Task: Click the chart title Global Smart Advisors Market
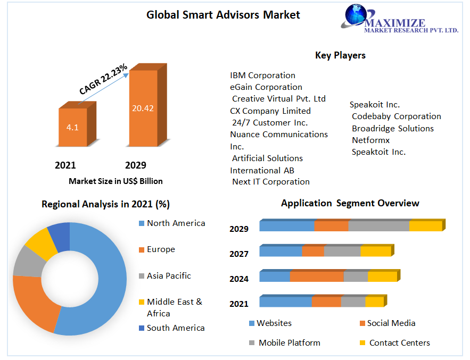(x=223, y=15)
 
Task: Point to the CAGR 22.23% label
(x=103, y=79)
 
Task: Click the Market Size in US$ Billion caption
(x=116, y=181)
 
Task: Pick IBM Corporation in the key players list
(x=262, y=76)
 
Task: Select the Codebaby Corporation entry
(x=396, y=116)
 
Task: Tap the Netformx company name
(x=370, y=140)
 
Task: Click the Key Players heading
(x=340, y=55)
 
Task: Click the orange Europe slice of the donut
(x=32, y=303)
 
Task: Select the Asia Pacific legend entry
(x=168, y=276)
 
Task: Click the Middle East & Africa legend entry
(x=174, y=307)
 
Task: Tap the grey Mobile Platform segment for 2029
(x=378, y=226)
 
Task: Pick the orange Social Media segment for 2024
(x=317, y=277)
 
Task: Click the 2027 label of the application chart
(x=239, y=254)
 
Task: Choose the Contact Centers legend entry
(x=399, y=343)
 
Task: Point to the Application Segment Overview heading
(x=350, y=203)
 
